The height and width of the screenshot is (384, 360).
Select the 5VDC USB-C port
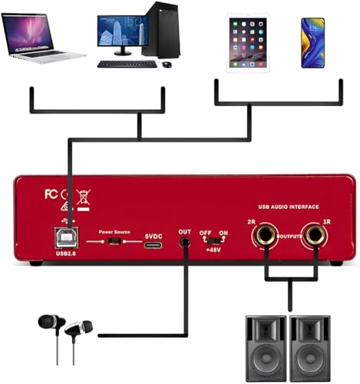pyautogui.click(x=153, y=243)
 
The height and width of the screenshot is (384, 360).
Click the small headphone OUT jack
pyautogui.click(x=185, y=243)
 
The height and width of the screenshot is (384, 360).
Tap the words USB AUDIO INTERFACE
pyautogui.click(x=289, y=207)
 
